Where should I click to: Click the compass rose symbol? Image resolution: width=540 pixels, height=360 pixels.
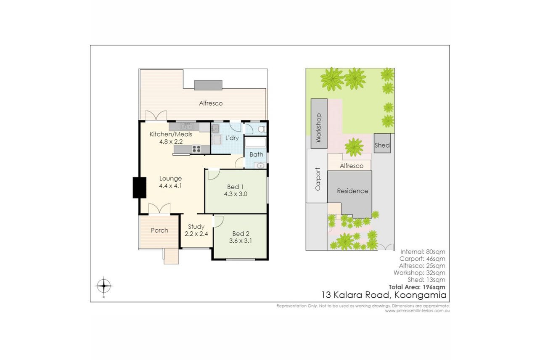[103, 286]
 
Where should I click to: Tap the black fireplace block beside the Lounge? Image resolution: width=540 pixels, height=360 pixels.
[139, 188]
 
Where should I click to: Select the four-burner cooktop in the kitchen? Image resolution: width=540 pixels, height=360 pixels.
[196, 149]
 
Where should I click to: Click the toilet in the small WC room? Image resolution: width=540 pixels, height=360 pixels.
[261, 129]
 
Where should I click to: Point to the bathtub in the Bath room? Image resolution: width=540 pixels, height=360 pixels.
[256, 142]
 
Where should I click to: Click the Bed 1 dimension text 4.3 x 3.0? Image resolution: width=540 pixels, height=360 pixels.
[236, 194]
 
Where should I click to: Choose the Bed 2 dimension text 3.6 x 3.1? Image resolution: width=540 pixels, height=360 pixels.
[240, 241]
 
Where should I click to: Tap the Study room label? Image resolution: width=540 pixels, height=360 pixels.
[196, 227]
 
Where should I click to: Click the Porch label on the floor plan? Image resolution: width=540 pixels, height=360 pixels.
[159, 230]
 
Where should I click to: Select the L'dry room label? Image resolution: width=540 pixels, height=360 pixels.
[232, 138]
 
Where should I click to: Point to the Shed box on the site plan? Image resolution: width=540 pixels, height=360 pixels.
[382, 143]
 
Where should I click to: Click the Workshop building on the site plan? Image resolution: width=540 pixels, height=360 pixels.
[319, 124]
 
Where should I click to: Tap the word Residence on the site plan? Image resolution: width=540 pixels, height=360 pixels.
[352, 191]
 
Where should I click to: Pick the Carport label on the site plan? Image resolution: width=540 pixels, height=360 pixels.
[318, 179]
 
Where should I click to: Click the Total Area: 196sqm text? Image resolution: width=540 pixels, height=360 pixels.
[417, 287]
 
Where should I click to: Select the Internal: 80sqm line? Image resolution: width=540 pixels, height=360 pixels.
[423, 252]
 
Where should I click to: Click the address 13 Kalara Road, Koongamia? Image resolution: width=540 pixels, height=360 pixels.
[384, 295]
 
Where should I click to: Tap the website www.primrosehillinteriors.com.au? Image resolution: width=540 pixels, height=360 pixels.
[417, 311]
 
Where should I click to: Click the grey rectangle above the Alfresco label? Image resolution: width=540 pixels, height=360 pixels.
[208, 85]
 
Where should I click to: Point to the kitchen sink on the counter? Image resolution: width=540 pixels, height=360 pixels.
[187, 127]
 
